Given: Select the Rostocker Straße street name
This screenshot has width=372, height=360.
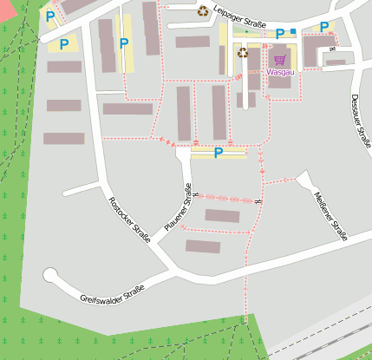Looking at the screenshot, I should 127,219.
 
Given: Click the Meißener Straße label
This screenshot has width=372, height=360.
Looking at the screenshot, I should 330,216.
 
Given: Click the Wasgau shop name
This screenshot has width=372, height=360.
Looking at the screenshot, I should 279,72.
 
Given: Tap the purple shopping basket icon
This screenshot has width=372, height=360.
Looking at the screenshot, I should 279,60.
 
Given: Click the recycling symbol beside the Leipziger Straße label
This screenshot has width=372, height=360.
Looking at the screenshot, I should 202,11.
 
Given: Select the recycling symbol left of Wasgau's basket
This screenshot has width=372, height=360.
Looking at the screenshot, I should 243,53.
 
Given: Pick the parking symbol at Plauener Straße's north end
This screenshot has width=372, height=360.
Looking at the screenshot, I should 218,153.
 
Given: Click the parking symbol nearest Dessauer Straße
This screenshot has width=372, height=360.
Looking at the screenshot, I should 324,28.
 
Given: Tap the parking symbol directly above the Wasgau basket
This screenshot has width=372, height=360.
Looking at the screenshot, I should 280,34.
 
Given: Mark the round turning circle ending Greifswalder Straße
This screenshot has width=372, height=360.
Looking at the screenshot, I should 50,276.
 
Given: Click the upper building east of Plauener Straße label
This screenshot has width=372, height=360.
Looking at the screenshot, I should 222,215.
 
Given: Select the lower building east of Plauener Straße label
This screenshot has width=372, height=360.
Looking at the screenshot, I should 202,246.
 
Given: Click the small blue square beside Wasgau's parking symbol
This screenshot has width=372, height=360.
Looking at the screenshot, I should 293,32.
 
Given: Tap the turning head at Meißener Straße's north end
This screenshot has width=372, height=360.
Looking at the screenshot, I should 303,178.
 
